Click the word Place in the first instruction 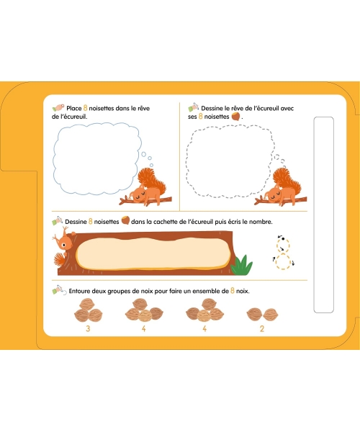pyautogui.click(x=74, y=108)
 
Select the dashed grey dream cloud pyautogui.click(x=187, y=163)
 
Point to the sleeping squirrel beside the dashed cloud pyautogui.click(x=282, y=188)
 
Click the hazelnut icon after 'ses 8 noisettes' pyautogui.click(x=235, y=116)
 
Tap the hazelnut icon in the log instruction pyautogui.click(x=125, y=221)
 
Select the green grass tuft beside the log pyautogui.click(x=242, y=265)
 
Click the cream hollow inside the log pyautogui.click(x=153, y=253)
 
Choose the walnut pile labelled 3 pyautogui.click(x=88, y=310)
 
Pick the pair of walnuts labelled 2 pyautogui.click(x=262, y=315)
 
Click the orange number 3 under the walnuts pyautogui.click(x=88, y=329)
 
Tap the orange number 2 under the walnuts pyautogui.click(x=261, y=329)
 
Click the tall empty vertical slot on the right pyautogui.click(x=324, y=215)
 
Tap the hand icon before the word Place pyautogui.click(x=58, y=107)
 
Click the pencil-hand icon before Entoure pyautogui.click(x=59, y=290)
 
